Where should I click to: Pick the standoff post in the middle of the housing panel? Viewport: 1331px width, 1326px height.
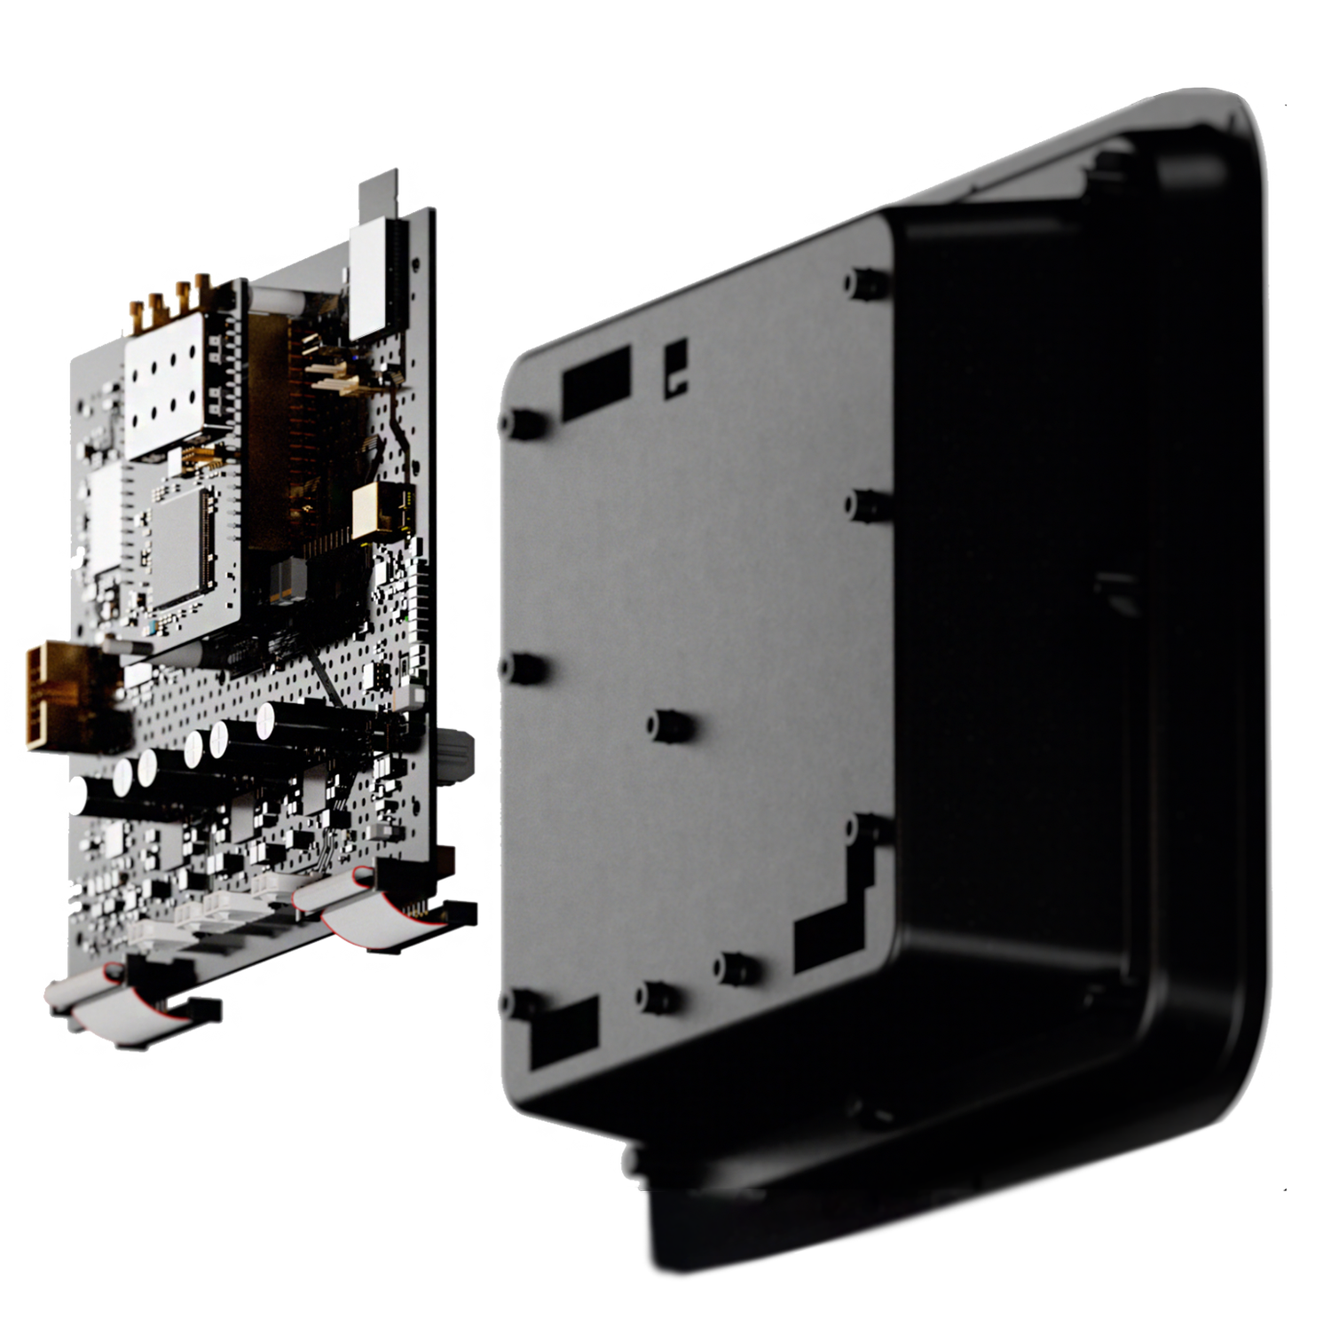tap(670, 726)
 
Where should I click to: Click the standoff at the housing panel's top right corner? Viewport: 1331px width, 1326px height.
tap(862, 282)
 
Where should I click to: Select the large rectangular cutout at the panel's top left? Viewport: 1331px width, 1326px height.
tap(596, 381)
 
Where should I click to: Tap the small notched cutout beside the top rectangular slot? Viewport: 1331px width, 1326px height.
tap(676, 367)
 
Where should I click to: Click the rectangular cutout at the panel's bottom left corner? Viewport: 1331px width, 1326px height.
tap(564, 1031)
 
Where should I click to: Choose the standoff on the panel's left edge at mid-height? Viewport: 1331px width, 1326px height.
tap(527, 667)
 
